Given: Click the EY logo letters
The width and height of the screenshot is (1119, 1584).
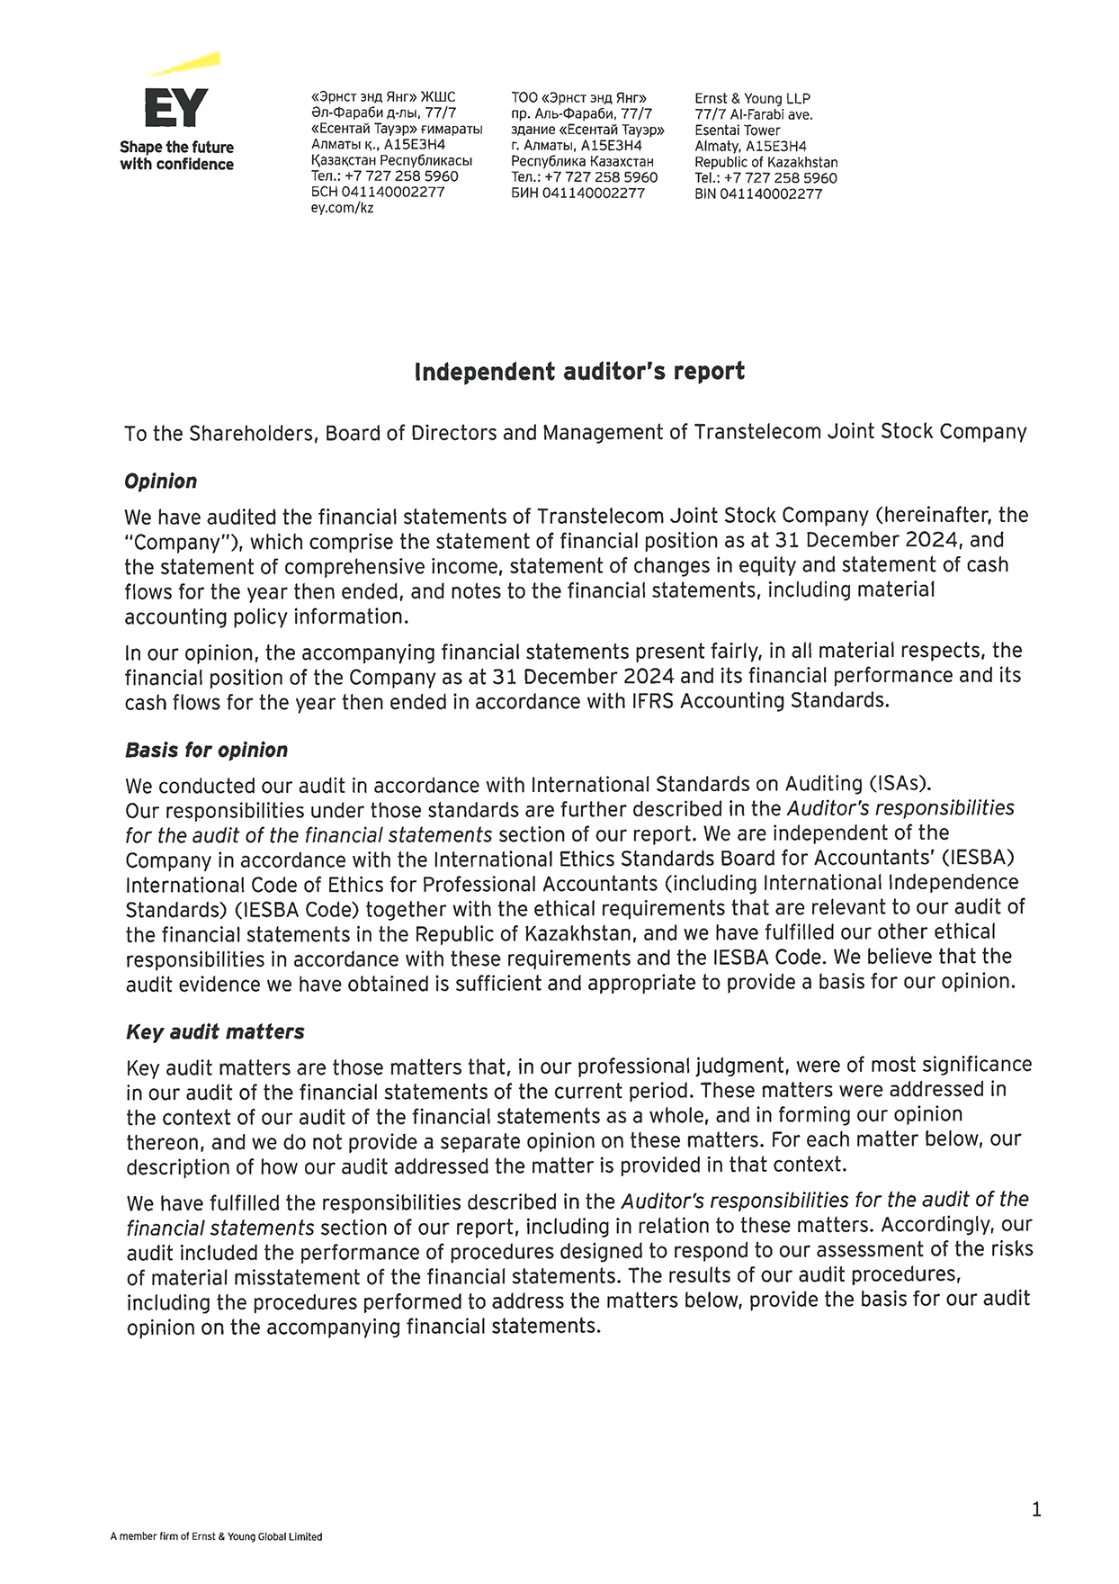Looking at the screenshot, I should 176,108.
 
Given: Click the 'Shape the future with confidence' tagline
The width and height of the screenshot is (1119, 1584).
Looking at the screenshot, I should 176,156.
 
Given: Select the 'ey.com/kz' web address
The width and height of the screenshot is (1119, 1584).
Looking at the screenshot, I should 341,208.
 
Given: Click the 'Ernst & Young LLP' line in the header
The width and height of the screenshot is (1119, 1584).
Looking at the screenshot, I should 752,99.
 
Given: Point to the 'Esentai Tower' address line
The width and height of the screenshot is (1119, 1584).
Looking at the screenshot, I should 737,130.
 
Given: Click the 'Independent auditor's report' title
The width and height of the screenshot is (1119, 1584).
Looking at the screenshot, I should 578,372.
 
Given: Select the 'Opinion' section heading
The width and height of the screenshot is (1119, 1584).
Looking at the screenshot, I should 160,481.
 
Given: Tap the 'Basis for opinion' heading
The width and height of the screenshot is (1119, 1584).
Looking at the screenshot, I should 206,751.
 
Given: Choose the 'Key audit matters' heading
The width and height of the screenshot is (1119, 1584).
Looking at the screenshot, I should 214,1031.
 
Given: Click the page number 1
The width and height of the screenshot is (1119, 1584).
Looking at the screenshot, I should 1036,1509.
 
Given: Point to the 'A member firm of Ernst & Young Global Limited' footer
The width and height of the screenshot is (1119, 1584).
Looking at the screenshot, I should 215,1536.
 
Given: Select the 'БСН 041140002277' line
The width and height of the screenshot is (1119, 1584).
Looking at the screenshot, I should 377,193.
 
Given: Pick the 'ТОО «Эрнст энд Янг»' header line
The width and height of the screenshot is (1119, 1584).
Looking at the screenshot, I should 578,98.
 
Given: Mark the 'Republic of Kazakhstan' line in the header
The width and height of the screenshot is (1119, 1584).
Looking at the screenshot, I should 765,162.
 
